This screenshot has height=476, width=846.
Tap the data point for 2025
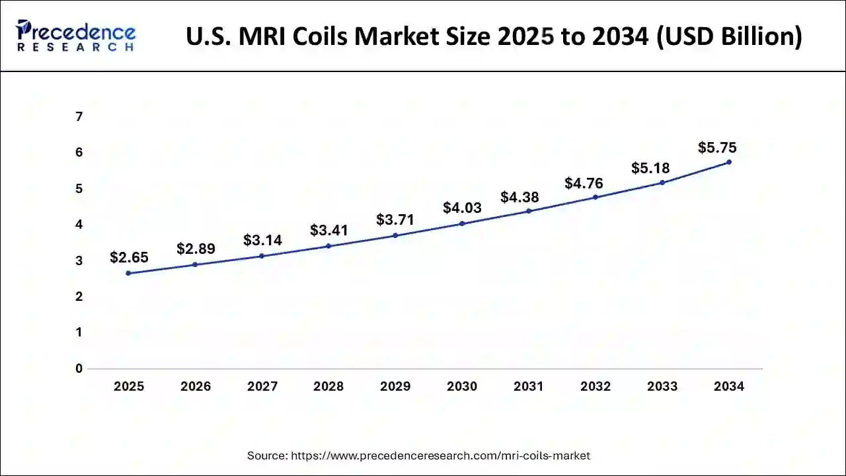[x=128, y=273]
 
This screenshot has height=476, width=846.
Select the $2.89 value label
[x=196, y=249]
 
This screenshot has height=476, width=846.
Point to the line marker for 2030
[x=462, y=223]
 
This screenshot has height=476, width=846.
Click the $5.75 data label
[x=717, y=148]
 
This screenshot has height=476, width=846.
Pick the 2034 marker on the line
[x=729, y=162]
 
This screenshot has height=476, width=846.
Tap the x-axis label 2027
[x=262, y=387]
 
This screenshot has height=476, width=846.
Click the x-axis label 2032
[x=596, y=387]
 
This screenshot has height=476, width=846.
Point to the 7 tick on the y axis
[x=79, y=117]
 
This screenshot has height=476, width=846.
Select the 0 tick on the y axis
[x=79, y=368]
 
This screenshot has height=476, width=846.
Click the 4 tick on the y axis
[x=79, y=225]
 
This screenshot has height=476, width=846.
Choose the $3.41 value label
[x=329, y=231]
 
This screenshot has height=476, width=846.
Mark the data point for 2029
[x=395, y=235]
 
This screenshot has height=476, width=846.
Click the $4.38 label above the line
[x=519, y=197]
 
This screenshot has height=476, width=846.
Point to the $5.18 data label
[x=650, y=169]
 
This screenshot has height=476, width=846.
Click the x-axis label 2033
[x=662, y=387]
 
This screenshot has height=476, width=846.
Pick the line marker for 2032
[x=596, y=197]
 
